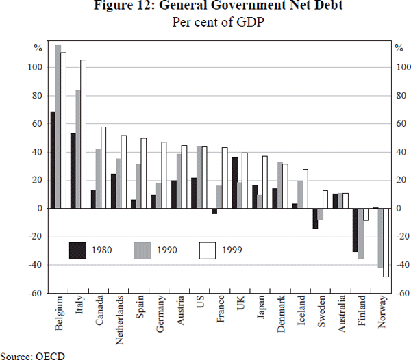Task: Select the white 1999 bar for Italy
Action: click(x=84, y=134)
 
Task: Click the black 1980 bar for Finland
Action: click(x=356, y=230)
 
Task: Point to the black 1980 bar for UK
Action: click(x=234, y=183)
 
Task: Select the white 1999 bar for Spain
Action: click(x=144, y=173)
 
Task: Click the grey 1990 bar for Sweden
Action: click(x=320, y=214)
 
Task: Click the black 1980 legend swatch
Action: click(x=78, y=250)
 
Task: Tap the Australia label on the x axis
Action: click(x=345, y=316)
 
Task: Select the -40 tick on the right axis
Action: click(x=401, y=265)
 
